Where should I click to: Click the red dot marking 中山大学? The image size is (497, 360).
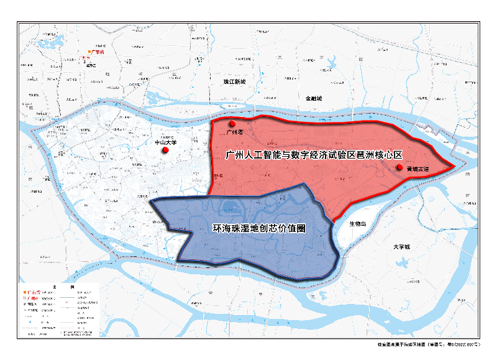[166, 150]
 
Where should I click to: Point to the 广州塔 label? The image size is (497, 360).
[235, 132]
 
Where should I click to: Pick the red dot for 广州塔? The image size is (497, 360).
[232, 123]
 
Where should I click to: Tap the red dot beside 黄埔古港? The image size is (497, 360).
[399, 167]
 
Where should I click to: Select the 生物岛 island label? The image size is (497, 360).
[358, 223]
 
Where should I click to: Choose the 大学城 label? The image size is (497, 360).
[402, 247]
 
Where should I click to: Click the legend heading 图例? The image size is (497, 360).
[63, 286]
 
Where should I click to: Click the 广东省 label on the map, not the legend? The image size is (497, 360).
[99, 53]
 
